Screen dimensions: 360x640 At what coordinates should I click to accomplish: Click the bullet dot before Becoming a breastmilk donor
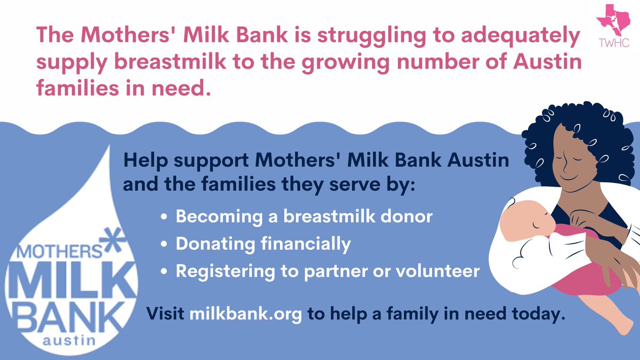(x=165, y=218)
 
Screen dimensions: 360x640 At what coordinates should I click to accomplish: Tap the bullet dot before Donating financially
(x=165, y=245)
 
